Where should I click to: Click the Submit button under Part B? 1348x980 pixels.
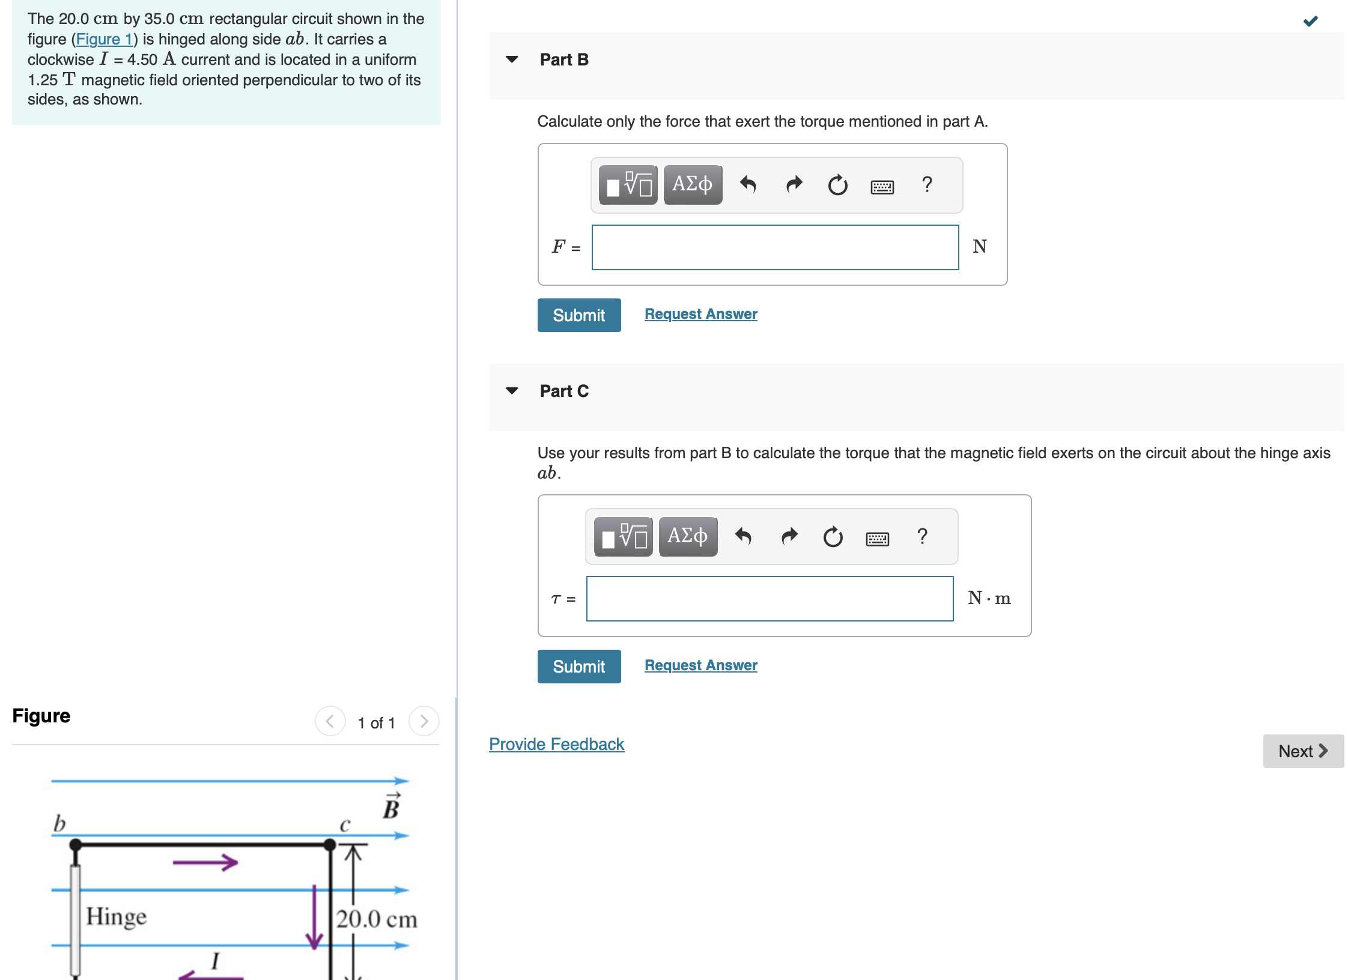tap(578, 315)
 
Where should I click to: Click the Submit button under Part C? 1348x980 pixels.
tap(578, 666)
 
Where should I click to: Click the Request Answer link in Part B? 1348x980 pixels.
tap(700, 314)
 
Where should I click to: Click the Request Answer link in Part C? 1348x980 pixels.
tap(700, 665)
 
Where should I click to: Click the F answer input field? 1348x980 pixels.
tap(774, 247)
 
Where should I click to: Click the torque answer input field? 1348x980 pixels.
tap(769, 599)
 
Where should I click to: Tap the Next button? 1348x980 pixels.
tap(1302, 751)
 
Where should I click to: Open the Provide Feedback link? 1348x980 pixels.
tap(556, 744)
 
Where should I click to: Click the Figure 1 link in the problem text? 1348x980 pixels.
tap(104, 40)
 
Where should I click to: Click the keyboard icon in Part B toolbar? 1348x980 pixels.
tap(881, 186)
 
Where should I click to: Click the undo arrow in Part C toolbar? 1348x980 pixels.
tap(743, 536)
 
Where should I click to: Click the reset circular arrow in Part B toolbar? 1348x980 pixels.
tap(837, 185)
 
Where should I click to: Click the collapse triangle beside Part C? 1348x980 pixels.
tap(512, 391)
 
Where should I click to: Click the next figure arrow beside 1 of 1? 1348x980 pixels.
tap(424, 721)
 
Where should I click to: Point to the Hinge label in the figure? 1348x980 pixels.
tap(116, 916)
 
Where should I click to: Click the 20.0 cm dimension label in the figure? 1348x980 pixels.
tap(376, 919)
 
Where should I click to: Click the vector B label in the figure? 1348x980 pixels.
tap(391, 807)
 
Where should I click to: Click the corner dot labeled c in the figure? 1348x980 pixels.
tap(330, 845)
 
